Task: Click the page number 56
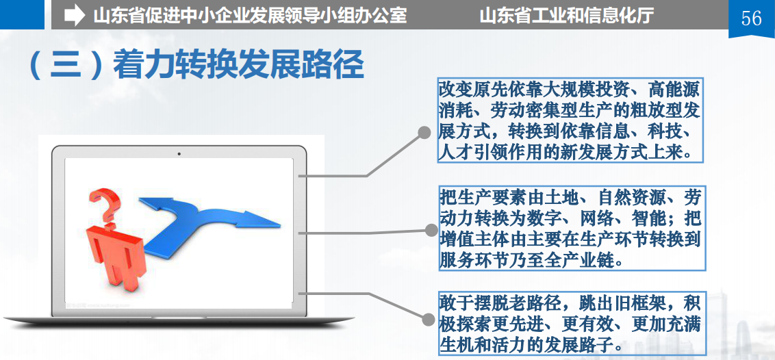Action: coord(751,18)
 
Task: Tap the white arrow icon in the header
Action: coord(75,16)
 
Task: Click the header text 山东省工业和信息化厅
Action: coord(566,16)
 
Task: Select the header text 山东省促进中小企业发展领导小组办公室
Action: coord(250,16)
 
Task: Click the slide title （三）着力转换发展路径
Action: coord(196,65)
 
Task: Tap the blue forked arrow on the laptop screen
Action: coord(207,222)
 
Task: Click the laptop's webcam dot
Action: coord(179,154)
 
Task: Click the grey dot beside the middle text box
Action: coord(431,230)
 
